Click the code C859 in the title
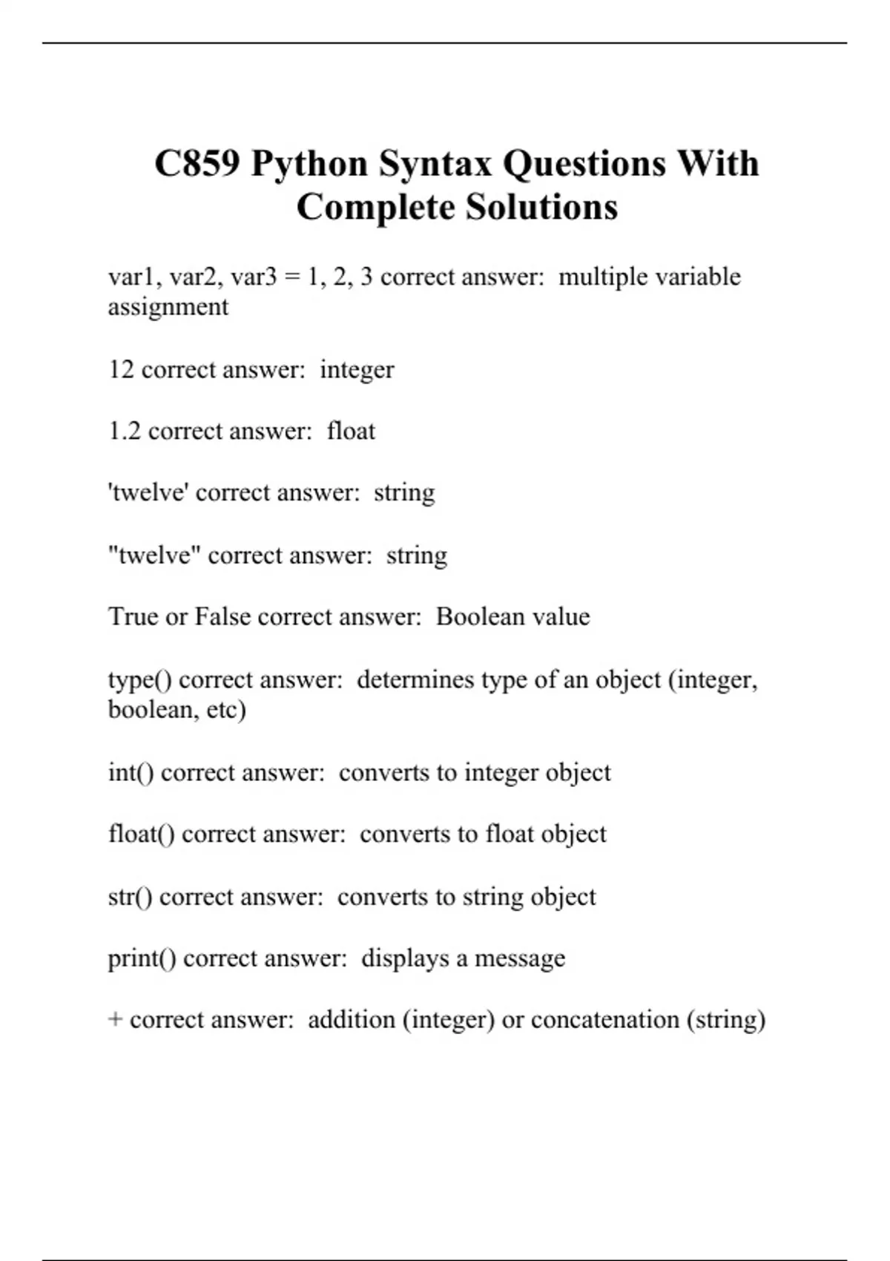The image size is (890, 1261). click(197, 163)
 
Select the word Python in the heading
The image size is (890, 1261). click(309, 163)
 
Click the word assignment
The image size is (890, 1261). click(168, 307)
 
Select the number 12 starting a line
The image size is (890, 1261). click(121, 369)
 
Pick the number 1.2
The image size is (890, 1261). click(125, 431)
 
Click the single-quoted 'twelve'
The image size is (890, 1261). click(148, 493)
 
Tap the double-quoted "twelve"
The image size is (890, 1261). click(154, 555)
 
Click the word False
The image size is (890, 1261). click(222, 616)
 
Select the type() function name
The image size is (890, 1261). click(139, 679)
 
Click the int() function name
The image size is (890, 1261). click(131, 772)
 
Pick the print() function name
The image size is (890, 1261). click(142, 958)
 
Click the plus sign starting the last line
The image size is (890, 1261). click(115, 1020)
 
